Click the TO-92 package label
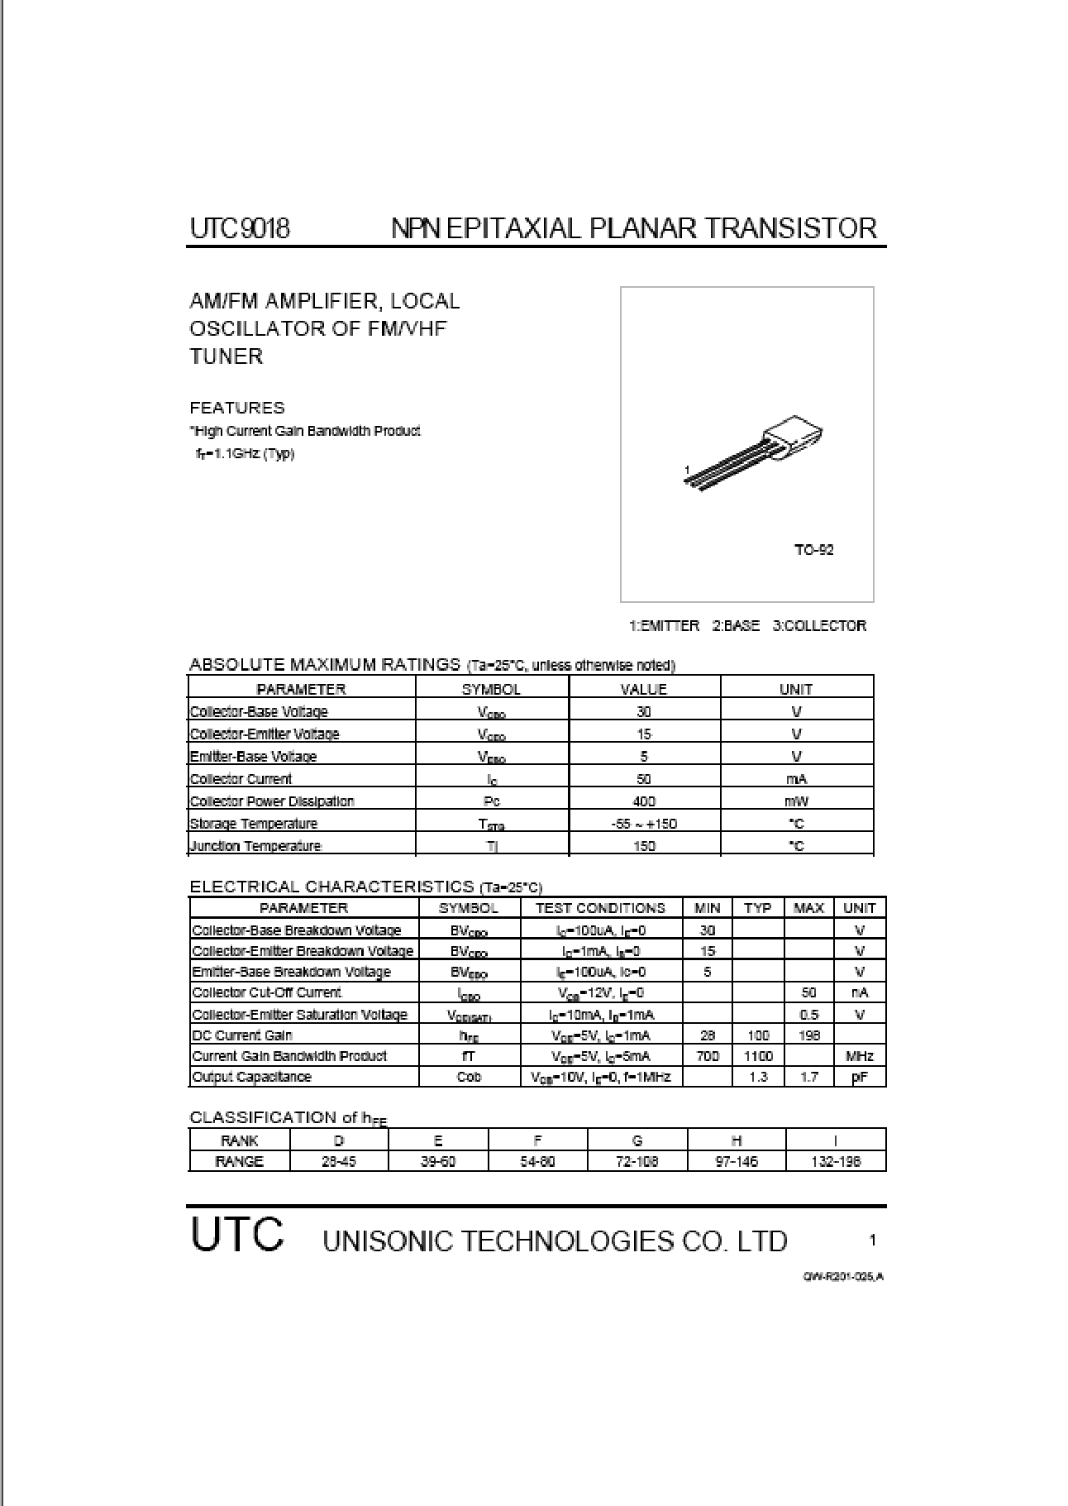[813, 550]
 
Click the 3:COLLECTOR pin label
[819, 626]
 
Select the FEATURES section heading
[237, 408]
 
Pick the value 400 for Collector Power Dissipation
[643, 801]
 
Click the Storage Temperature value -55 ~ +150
[643, 823]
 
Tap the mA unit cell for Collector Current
[796, 778]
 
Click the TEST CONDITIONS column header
[600, 908]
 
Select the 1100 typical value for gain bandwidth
[757, 1056]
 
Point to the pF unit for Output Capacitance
[859, 1077]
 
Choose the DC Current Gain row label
[242, 1035]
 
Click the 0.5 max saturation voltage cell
[808, 1015]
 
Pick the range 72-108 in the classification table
[637, 1161]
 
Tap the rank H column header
[736, 1140]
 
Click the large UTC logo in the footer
[237, 1235]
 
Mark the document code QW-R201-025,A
[842, 1276]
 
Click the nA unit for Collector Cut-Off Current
[859, 992]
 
